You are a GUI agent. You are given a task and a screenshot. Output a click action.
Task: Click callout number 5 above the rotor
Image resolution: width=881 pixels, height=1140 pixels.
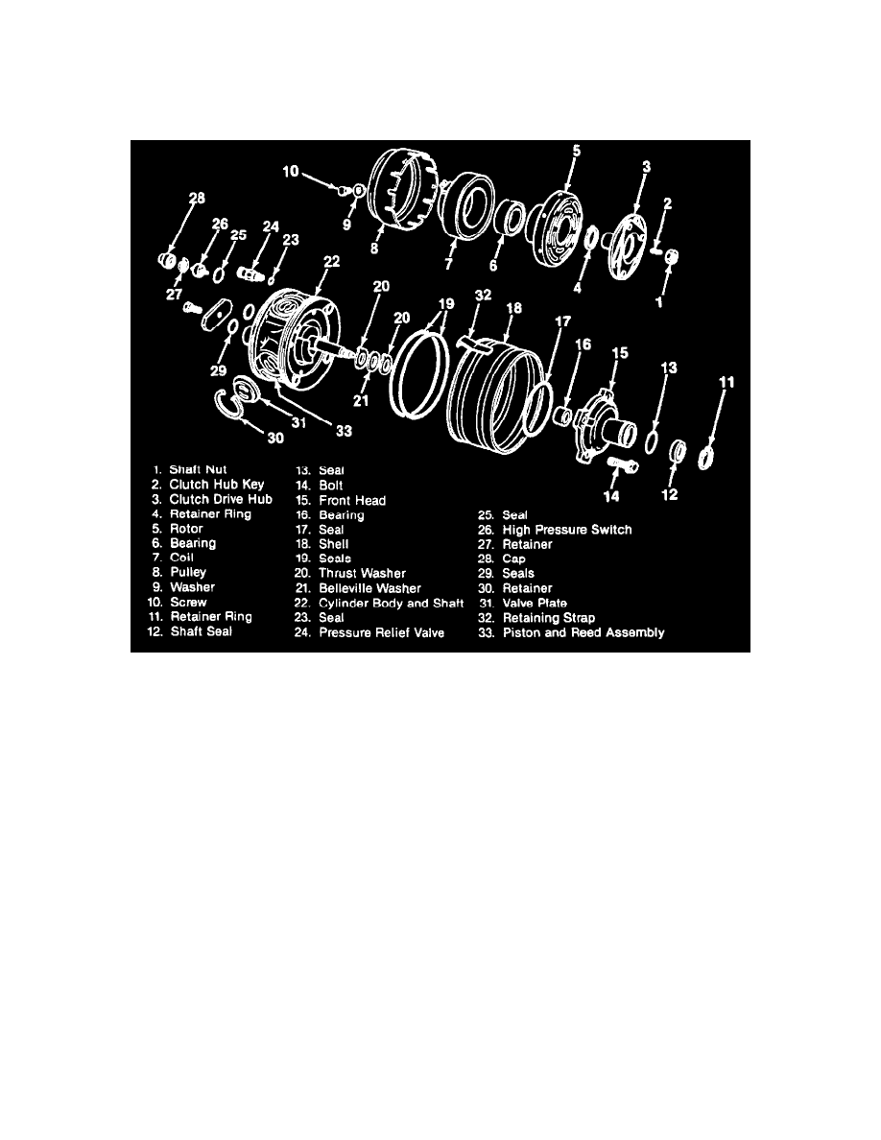577,151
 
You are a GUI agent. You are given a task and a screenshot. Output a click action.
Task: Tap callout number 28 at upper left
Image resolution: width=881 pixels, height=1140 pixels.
197,199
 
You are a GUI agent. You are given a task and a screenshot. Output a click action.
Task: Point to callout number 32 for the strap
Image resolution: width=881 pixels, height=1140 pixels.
482,295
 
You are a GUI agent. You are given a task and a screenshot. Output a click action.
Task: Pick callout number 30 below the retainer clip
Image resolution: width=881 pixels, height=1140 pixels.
275,438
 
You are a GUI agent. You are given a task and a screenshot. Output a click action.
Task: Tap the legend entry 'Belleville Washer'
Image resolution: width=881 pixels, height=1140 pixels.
369,588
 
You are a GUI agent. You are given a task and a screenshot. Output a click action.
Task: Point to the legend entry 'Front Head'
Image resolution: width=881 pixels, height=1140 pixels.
352,500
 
